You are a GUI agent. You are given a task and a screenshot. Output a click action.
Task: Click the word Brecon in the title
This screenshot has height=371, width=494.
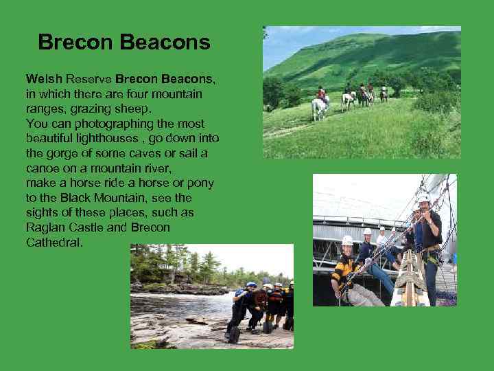(76, 43)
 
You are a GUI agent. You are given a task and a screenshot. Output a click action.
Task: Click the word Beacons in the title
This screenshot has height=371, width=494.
(165, 43)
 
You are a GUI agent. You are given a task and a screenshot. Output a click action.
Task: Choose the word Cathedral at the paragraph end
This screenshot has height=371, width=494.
(54, 243)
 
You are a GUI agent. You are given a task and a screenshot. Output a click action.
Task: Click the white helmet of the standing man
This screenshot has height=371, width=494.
(424, 197)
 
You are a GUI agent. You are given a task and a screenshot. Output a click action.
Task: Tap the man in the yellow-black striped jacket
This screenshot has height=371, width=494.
(345, 271)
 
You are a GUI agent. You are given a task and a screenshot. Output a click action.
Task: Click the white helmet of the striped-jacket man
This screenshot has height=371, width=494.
(347, 240)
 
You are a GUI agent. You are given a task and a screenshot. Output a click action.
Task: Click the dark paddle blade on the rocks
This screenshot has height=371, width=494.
(234, 335)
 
